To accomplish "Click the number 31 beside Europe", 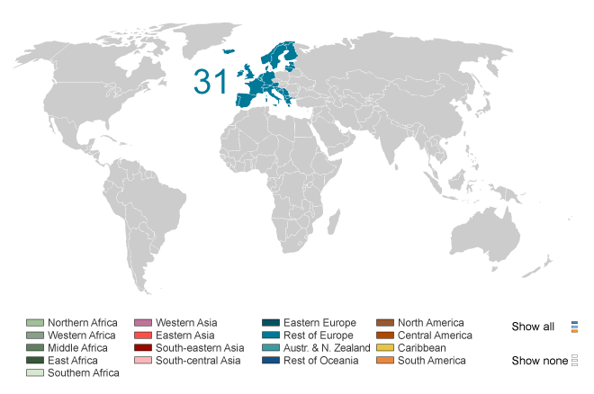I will pos(211,82).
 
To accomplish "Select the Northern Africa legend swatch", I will pos(34,323).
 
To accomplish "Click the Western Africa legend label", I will pos(81,336).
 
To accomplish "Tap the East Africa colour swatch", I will pos(34,361).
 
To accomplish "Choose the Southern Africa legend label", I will pos(83,373).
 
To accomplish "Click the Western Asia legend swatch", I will pos(142,323).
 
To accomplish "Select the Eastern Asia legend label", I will pos(184,336).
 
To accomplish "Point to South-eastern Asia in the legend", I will pos(199,348).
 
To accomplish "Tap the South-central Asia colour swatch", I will pos(142,361).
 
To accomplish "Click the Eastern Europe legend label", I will pos(319,323).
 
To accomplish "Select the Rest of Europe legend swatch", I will pos(271,336).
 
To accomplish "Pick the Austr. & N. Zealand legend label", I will pos(327,348).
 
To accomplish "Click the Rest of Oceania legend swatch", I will pos(271,361).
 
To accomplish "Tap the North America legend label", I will pos(431,323).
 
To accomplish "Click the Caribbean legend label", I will pos(421,348).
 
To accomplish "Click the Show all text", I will pos(533,327).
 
